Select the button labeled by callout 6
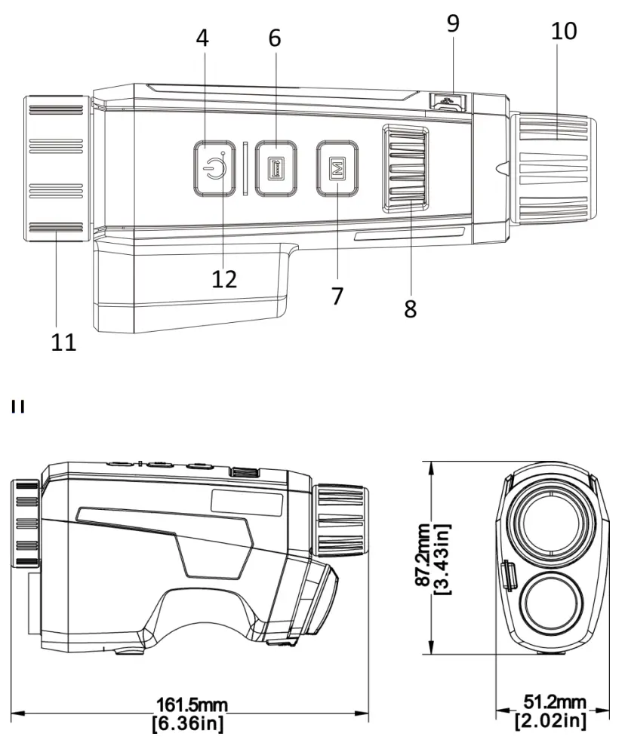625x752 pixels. tap(276, 168)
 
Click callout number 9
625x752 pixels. tap(452, 23)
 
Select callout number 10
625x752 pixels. tap(564, 31)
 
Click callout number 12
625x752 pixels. tap(224, 278)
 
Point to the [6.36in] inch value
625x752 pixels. tap(192, 723)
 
